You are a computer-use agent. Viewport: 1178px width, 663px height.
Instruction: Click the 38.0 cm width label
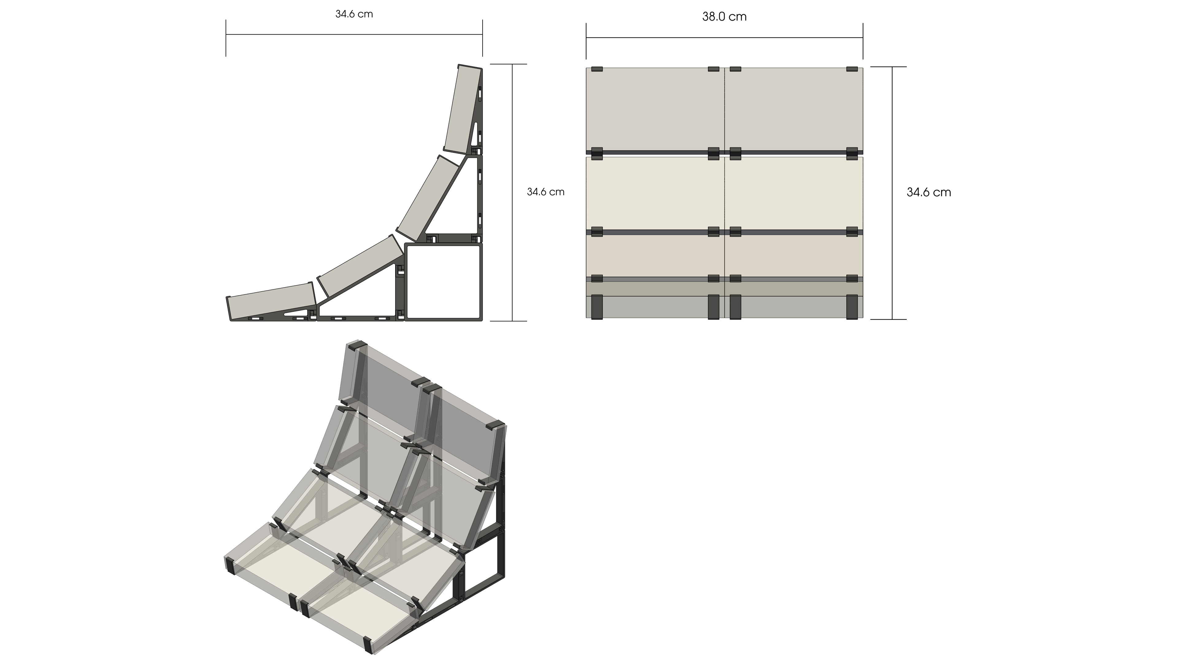point(724,17)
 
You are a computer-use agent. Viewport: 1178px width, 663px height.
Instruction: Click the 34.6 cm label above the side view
point(354,14)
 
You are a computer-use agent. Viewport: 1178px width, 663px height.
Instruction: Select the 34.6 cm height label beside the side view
point(545,192)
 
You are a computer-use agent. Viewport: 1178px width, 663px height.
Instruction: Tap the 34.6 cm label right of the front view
point(929,193)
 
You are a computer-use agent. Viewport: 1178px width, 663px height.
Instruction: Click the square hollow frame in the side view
point(444,281)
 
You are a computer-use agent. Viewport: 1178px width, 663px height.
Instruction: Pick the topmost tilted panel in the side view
point(463,109)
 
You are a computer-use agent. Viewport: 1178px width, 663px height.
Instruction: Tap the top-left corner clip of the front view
point(597,69)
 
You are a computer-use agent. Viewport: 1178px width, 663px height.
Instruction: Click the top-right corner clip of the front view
point(852,69)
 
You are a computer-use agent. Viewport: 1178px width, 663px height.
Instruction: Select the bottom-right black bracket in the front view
point(852,307)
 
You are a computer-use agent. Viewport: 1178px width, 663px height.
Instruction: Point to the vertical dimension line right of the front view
point(892,193)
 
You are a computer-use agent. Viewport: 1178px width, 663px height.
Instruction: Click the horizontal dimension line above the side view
point(354,34)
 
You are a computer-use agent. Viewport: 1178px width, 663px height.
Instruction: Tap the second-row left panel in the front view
point(655,193)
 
